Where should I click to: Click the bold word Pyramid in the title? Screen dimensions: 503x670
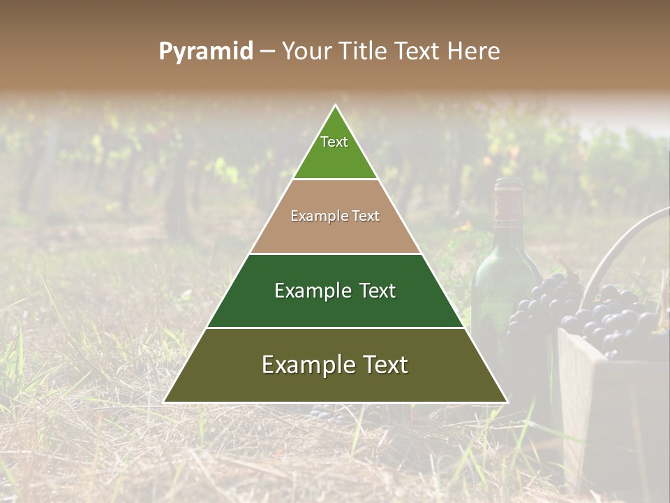pyautogui.click(x=206, y=52)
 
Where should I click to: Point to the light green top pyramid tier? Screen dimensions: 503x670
pyautogui.click(x=335, y=150)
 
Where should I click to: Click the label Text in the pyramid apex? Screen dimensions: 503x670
pyautogui.click(x=334, y=142)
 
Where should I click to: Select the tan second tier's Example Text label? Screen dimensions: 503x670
pyautogui.click(x=335, y=216)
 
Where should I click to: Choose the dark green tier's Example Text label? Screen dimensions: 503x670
pyautogui.click(x=335, y=291)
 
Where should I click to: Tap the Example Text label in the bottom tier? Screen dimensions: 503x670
pyautogui.click(x=335, y=365)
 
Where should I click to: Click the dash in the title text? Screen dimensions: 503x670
pyautogui.click(x=267, y=52)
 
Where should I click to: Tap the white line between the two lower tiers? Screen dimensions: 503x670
pyautogui.click(x=335, y=328)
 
